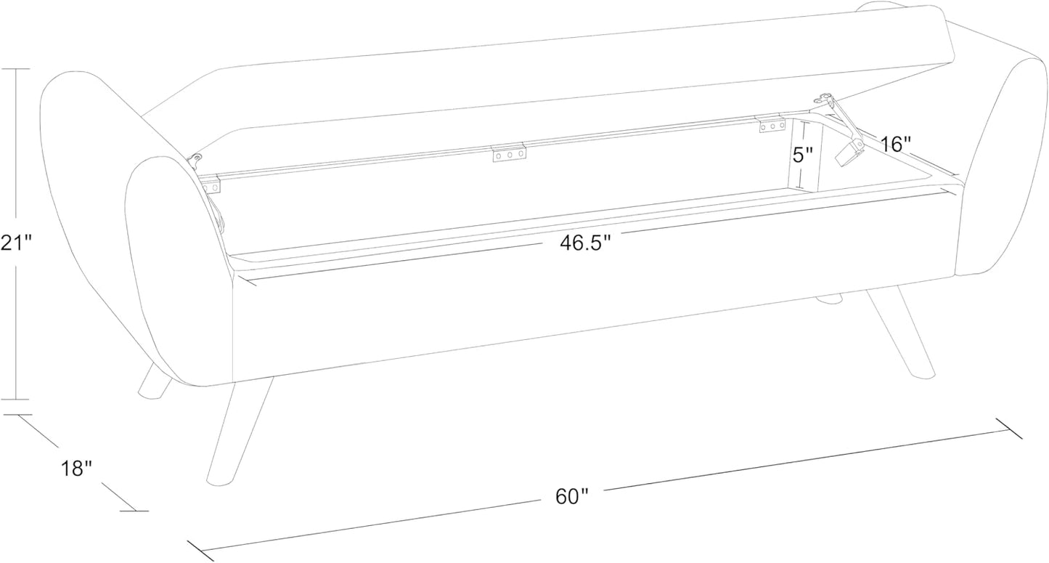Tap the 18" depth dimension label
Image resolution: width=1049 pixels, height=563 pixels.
(77, 468)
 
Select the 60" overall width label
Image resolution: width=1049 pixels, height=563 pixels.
(572, 496)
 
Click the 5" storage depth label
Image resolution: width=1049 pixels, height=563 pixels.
(802, 154)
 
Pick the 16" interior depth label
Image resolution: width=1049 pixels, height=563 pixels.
(895, 145)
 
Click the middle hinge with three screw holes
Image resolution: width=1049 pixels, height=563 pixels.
(509, 153)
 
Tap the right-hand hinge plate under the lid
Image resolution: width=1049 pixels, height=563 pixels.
(772, 125)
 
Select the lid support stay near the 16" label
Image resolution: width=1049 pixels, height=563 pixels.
(843, 131)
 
